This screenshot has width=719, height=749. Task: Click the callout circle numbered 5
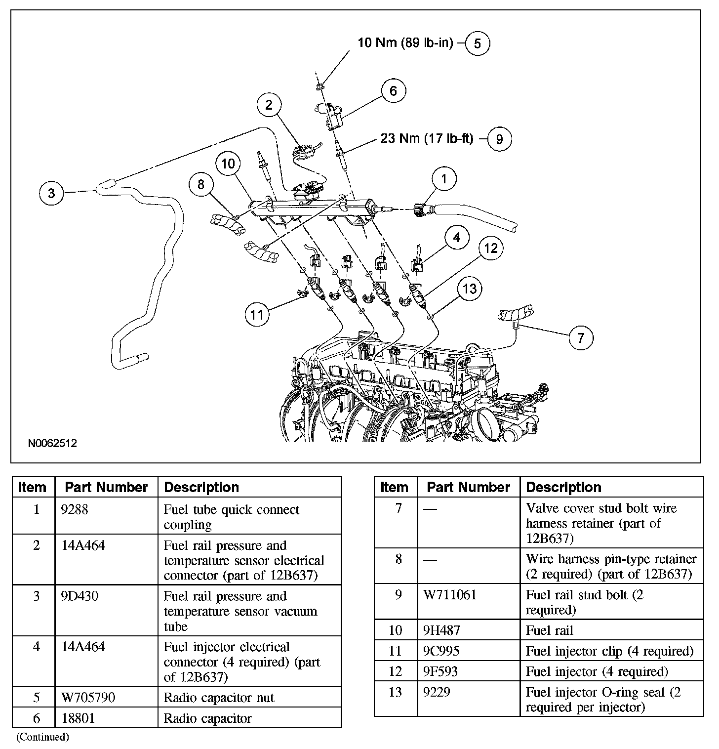point(477,43)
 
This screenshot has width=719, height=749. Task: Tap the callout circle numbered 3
point(51,193)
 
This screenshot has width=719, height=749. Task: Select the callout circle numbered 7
point(581,338)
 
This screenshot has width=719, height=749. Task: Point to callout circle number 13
point(470,288)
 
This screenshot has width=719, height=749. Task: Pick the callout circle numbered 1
point(443,179)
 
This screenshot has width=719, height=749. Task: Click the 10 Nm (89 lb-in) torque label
point(405,42)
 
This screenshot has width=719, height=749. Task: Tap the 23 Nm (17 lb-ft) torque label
point(427,138)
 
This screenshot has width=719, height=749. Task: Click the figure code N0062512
point(52,443)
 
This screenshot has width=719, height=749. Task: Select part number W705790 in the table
point(88,698)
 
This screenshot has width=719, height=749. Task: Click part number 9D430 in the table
point(80,596)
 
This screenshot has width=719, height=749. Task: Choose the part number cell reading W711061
point(450,595)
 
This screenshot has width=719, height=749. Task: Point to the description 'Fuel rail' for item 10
point(550,630)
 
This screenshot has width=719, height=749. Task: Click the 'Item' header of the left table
point(33,487)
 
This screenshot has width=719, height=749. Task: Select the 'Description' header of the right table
point(563,487)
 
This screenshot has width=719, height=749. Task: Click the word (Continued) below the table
point(42,737)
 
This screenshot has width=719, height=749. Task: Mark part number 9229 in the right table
point(437,692)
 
